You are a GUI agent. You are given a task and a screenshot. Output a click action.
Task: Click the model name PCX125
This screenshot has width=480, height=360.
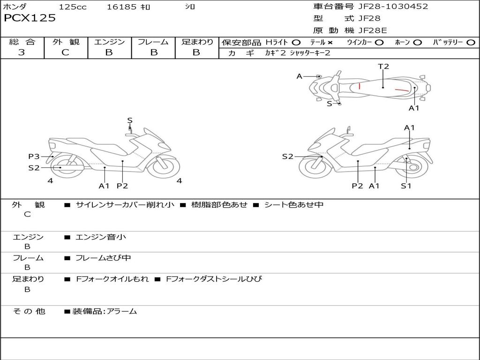point(30,18)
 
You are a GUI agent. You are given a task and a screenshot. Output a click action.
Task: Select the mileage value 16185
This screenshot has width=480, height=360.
point(121,7)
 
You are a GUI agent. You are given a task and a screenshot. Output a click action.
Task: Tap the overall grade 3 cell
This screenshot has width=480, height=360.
point(22,52)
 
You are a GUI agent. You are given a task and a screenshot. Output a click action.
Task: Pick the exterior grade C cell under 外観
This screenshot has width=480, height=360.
point(65,52)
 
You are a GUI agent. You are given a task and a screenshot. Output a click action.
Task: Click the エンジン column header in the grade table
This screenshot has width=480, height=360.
point(109,42)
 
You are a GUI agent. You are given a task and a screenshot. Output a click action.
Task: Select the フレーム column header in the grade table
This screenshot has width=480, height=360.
point(153,42)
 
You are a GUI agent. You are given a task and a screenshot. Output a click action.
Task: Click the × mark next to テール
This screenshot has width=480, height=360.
point(330,43)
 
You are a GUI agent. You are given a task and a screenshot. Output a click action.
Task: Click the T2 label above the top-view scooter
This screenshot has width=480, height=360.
point(383,67)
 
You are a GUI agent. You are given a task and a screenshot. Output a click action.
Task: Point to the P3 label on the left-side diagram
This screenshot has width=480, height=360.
point(34,157)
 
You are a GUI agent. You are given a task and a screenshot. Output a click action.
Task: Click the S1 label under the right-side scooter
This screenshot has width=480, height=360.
point(406,186)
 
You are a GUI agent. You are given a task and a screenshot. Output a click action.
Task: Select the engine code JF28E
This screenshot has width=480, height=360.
point(373,30)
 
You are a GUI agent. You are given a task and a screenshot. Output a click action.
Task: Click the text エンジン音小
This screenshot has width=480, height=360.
point(101,237)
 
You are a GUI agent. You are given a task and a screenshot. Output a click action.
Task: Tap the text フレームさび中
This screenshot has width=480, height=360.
point(103,258)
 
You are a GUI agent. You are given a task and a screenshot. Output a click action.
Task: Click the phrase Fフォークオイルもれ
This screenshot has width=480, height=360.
point(112,279)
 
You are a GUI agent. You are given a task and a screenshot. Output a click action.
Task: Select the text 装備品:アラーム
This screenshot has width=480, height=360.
point(105,311)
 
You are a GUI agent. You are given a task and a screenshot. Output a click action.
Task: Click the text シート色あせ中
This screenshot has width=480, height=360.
point(294,205)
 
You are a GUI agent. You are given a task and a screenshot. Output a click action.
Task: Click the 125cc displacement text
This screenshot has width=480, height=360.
point(73,7)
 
